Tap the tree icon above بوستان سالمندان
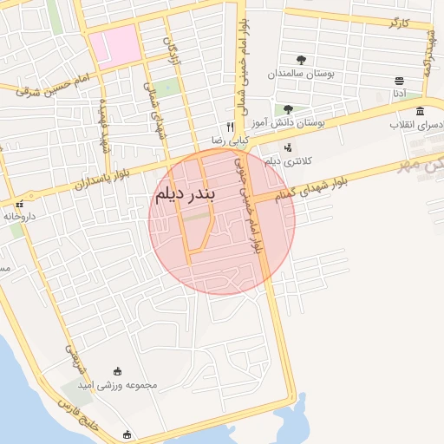[301, 60]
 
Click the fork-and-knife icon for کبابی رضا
[231, 126]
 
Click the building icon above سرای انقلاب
[420, 111]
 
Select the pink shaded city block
[114, 46]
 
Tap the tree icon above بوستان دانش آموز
[288, 109]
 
